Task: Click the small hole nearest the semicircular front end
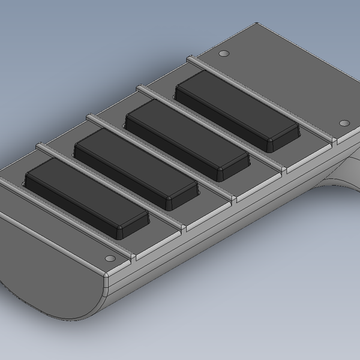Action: click(x=109, y=258)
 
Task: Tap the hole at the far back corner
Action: click(x=224, y=54)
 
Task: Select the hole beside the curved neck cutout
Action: click(x=344, y=123)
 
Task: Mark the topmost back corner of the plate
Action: click(x=258, y=25)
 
